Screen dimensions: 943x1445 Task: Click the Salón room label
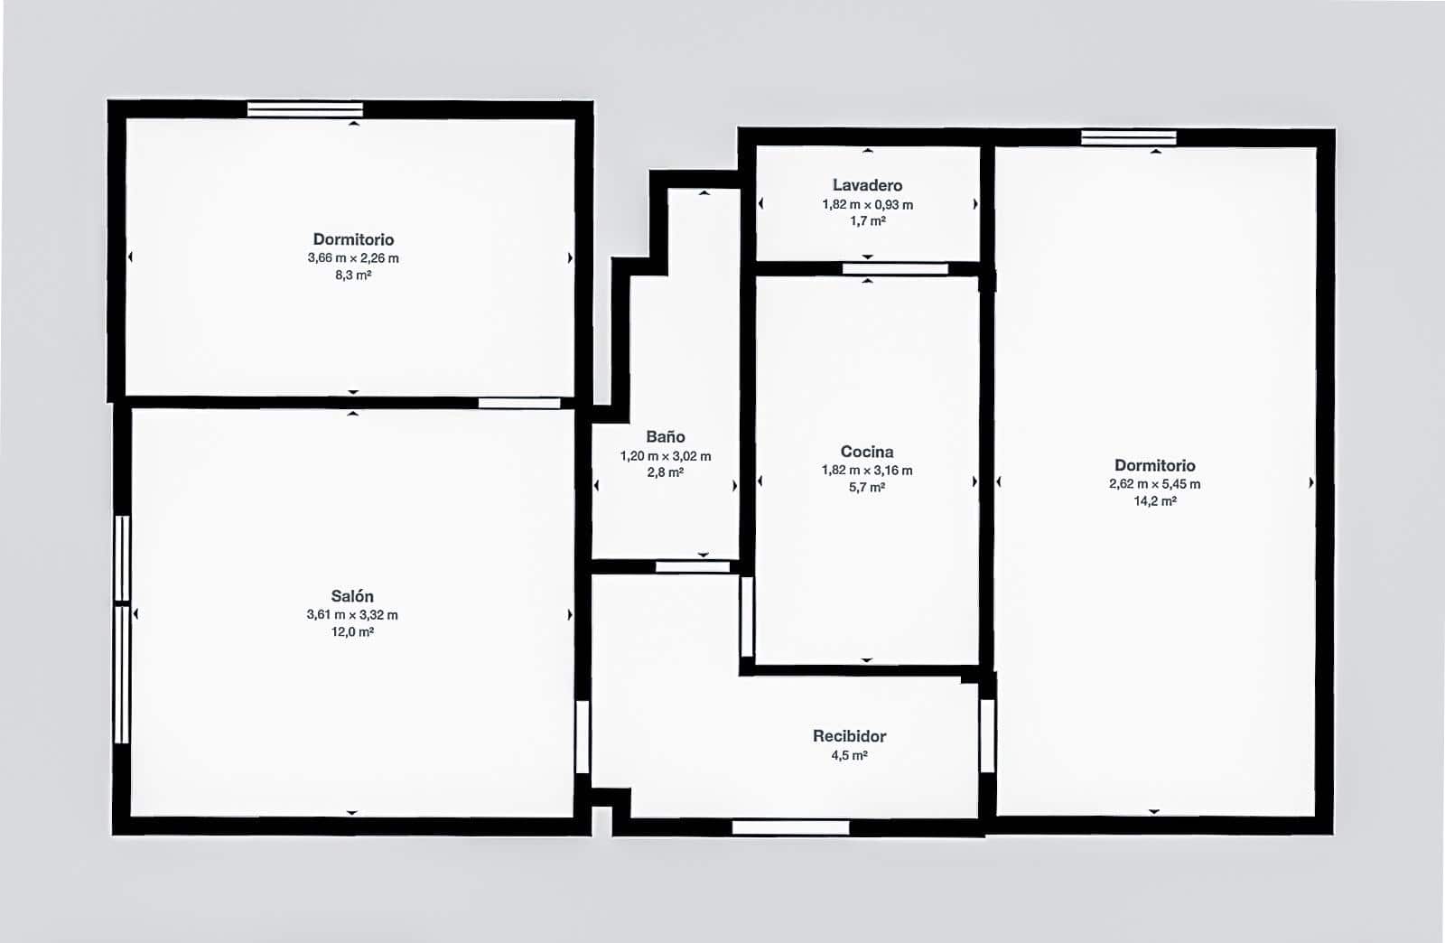point(352,596)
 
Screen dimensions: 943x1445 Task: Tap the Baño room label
point(666,437)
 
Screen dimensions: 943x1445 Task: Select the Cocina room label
point(867,452)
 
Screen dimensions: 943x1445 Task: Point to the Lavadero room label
point(867,185)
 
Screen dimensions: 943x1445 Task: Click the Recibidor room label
point(849,736)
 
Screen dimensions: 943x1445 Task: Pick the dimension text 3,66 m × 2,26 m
point(353,258)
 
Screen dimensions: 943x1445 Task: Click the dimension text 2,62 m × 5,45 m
point(1155,484)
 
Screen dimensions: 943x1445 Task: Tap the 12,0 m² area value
point(352,632)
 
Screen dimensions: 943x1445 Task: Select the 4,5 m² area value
point(849,756)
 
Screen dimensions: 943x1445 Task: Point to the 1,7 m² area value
point(867,221)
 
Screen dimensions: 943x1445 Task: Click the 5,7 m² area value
point(867,488)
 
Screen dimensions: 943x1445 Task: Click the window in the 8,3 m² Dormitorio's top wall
point(305,109)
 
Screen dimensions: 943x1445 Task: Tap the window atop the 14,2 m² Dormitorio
point(1129,137)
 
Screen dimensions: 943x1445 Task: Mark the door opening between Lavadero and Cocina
point(895,268)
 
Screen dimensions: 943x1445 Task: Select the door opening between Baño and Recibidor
point(693,567)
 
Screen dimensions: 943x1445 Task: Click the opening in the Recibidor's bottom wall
point(790,827)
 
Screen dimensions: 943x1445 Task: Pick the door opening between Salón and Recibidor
point(583,736)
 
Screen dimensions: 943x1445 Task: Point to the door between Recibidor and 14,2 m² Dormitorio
point(987,735)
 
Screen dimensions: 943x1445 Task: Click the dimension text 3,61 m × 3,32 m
point(352,615)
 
